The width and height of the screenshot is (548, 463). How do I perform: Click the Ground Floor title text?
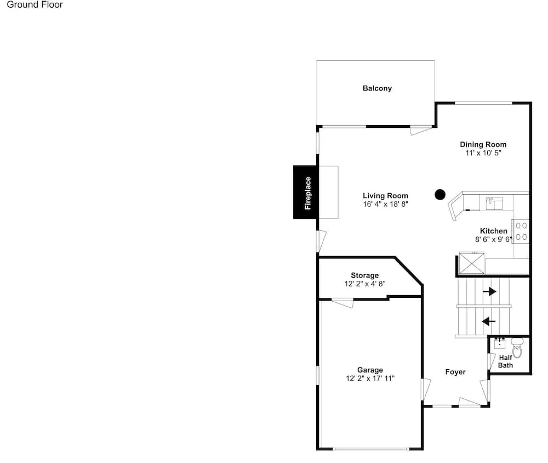pos(35,4)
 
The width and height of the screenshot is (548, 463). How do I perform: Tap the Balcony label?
pos(377,88)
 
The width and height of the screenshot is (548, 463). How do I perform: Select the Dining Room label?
pos(483,144)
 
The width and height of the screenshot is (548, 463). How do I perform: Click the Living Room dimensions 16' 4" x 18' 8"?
pos(385,204)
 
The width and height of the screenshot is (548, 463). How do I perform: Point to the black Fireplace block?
pos(305,192)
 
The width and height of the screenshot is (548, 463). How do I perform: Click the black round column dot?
pos(440,195)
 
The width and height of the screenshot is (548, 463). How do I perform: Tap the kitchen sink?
pos(494,203)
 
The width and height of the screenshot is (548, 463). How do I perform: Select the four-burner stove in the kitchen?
pos(521,231)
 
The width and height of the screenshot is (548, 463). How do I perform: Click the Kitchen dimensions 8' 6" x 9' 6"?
pos(494,239)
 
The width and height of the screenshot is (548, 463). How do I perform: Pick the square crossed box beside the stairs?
pos(472,262)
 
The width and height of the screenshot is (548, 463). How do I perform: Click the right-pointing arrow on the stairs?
pos(489,291)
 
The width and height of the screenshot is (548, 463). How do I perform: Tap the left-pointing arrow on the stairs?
pos(489,321)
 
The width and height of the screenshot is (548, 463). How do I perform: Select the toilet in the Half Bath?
pos(517,347)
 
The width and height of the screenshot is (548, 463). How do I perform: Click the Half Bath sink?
pos(500,343)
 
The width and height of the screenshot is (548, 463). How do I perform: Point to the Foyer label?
pos(455,371)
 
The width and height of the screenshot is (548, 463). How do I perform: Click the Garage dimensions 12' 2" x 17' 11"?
pos(370,379)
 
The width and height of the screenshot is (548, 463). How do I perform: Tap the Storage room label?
pos(365,275)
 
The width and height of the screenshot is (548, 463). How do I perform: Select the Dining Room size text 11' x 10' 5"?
pos(483,153)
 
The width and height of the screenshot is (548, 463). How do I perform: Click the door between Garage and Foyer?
pos(426,389)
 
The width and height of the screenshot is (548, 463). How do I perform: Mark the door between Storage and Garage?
pos(342,303)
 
